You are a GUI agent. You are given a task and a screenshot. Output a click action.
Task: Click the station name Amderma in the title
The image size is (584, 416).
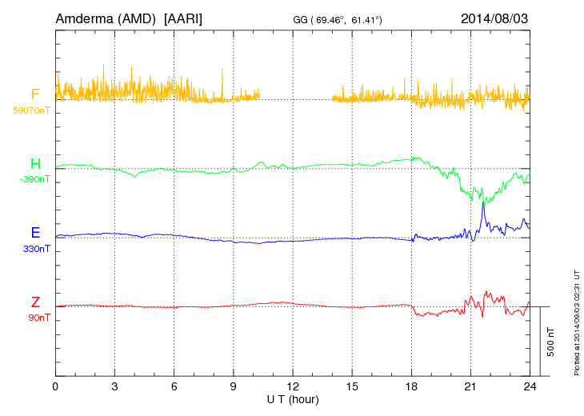pos(86,18)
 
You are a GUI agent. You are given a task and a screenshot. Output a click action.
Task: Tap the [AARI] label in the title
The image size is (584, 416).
pos(182,18)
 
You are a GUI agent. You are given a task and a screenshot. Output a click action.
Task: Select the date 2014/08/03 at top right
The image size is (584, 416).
pos(494,18)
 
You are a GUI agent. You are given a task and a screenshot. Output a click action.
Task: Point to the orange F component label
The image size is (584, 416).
pos(34,95)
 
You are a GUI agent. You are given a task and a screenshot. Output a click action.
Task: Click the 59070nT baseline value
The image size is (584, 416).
pos(31,110)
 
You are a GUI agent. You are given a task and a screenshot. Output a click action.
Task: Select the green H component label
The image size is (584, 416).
pos(35,165)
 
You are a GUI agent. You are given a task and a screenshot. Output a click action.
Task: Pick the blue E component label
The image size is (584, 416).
pos(35,234)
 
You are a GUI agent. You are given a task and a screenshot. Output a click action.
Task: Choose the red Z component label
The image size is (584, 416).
pos(35,302)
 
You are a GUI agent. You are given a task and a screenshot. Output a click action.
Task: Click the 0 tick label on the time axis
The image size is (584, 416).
pos(55,386)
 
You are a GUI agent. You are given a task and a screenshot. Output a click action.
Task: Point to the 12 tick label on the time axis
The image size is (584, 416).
pos(293,386)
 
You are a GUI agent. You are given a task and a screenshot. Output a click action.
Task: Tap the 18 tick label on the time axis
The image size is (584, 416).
pos(411,386)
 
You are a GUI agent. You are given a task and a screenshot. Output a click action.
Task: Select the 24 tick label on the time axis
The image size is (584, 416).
pos(530,386)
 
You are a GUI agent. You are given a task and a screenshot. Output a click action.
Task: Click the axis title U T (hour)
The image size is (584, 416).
pos(293,398)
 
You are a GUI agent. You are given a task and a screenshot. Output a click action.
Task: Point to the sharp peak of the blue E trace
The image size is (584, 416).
pos(483,202)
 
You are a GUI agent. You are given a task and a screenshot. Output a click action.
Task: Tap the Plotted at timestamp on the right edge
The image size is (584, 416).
pos(577,320)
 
